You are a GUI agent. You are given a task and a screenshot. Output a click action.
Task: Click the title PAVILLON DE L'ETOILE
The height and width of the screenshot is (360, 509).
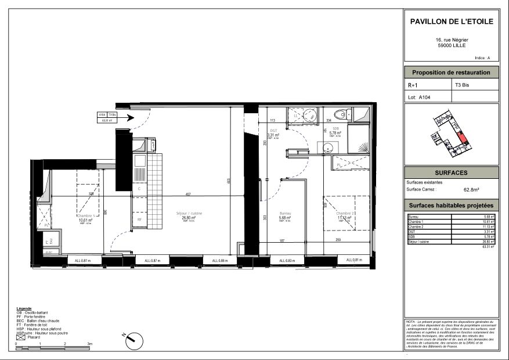pos(452,21)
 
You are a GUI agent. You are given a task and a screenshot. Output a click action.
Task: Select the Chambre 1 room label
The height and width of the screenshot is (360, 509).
pos(86,219)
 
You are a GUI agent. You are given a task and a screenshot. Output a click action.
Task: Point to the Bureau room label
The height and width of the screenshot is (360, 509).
pos(284,214)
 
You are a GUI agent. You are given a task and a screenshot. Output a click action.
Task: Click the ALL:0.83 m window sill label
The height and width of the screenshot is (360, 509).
pos(286,261)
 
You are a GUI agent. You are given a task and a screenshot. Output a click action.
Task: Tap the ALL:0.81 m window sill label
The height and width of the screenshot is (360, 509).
pos(354,260)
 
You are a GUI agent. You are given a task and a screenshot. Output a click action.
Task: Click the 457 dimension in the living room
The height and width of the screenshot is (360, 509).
pos(188,194)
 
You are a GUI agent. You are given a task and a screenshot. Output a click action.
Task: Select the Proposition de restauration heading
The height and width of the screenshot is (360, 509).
pos(451,73)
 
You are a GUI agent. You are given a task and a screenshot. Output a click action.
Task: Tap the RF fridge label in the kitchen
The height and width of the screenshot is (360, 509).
pos(139,219)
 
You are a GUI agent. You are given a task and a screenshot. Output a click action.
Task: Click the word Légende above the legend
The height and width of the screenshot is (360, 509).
pos(24,308)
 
